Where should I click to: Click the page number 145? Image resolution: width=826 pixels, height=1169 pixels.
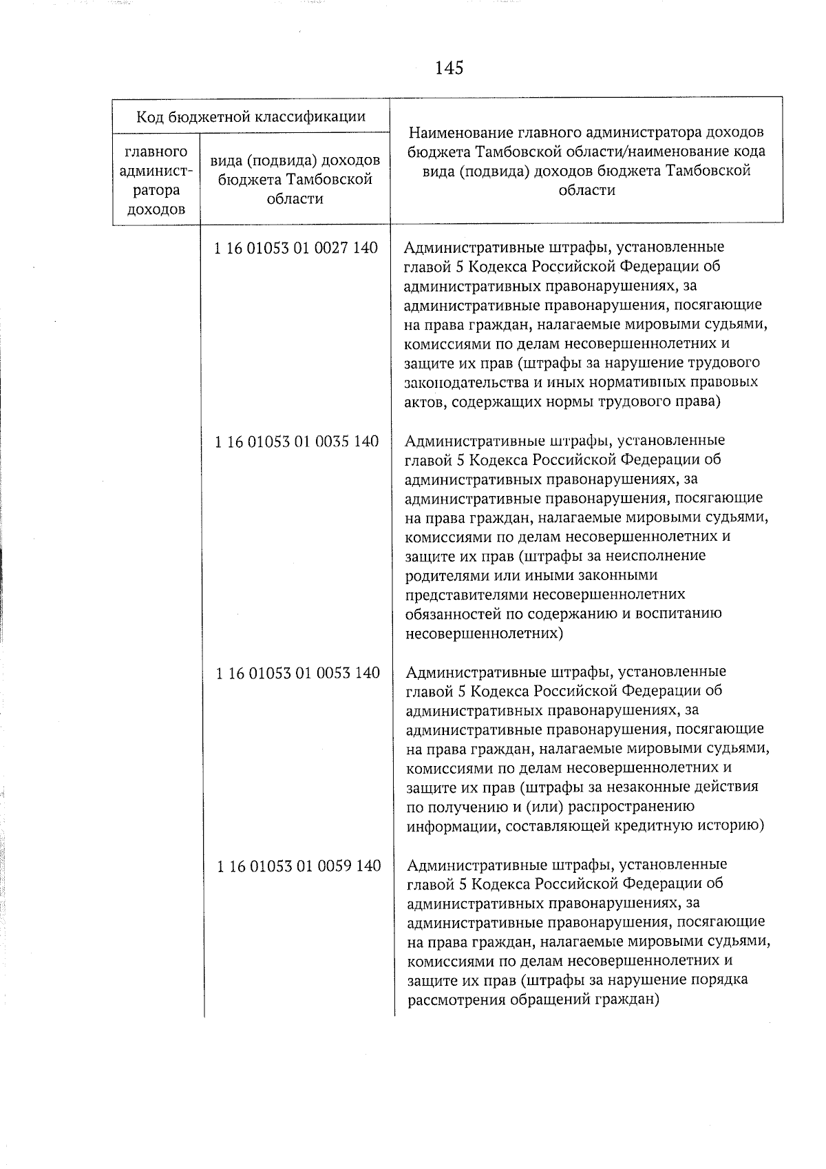pos(449,68)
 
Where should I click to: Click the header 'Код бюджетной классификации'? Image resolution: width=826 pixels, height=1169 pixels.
pos(251,116)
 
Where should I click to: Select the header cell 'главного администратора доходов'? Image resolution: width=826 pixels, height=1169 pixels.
pos(156,180)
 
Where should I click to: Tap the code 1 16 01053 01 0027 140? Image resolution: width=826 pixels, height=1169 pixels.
pos(297,248)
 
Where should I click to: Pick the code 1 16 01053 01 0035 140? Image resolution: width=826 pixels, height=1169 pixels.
pos(297,442)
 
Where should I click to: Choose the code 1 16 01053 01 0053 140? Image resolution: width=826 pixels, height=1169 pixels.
pos(297,673)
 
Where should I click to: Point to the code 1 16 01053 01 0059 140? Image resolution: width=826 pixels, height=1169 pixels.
pos(299,866)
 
